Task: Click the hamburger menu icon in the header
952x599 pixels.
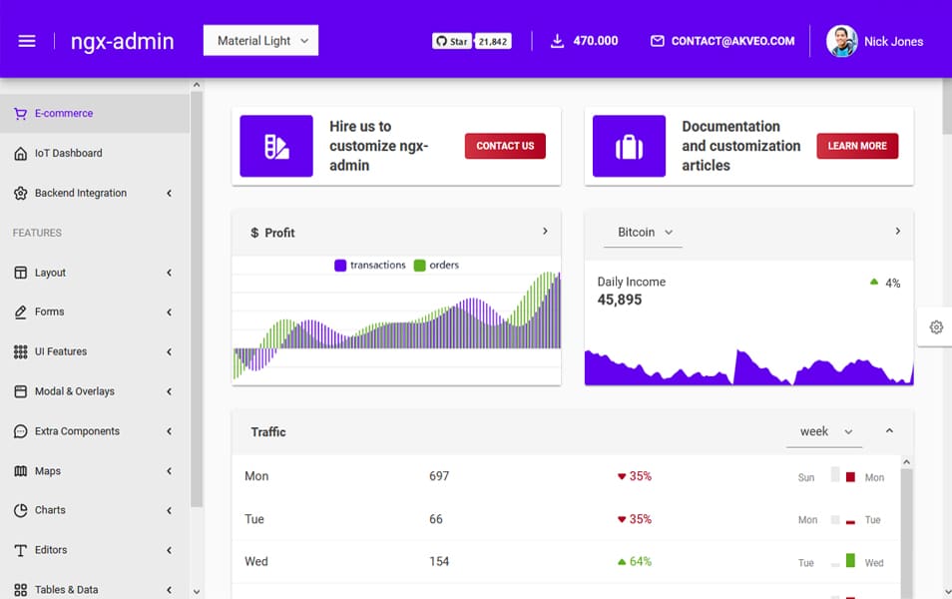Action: pos(27,41)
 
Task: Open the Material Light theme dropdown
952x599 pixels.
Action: pos(261,41)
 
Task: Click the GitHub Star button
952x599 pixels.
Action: pos(452,41)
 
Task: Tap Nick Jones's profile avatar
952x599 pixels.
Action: pos(841,41)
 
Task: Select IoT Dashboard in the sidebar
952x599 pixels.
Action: pos(68,153)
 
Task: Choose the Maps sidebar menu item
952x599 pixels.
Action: pos(48,471)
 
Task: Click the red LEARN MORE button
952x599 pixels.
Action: pos(857,146)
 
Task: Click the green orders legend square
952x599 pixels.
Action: pos(420,266)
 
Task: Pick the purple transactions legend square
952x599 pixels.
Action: pos(340,266)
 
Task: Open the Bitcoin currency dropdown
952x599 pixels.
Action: pos(644,233)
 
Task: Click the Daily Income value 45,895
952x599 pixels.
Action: pos(620,299)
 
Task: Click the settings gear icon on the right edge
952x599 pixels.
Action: pos(936,327)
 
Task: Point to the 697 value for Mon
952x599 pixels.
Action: pos(439,476)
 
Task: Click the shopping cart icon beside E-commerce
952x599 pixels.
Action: pos(20,114)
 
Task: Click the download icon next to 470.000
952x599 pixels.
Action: pos(557,41)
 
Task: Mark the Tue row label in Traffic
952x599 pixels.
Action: pos(254,519)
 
